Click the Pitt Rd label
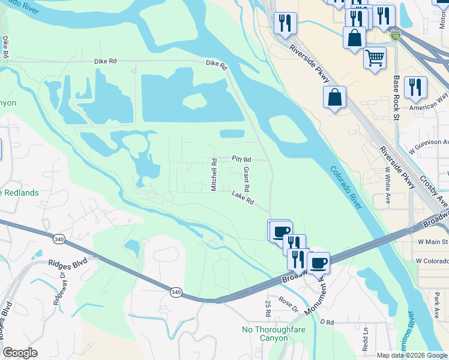click(x=241, y=160)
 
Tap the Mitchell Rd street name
click(x=214, y=175)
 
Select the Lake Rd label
click(x=243, y=197)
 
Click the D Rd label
click(x=327, y=323)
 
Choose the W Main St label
click(x=433, y=241)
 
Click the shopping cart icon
click(x=375, y=58)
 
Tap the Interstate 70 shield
click(x=394, y=35)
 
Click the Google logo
click(x=20, y=353)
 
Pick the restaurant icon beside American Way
click(x=415, y=88)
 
